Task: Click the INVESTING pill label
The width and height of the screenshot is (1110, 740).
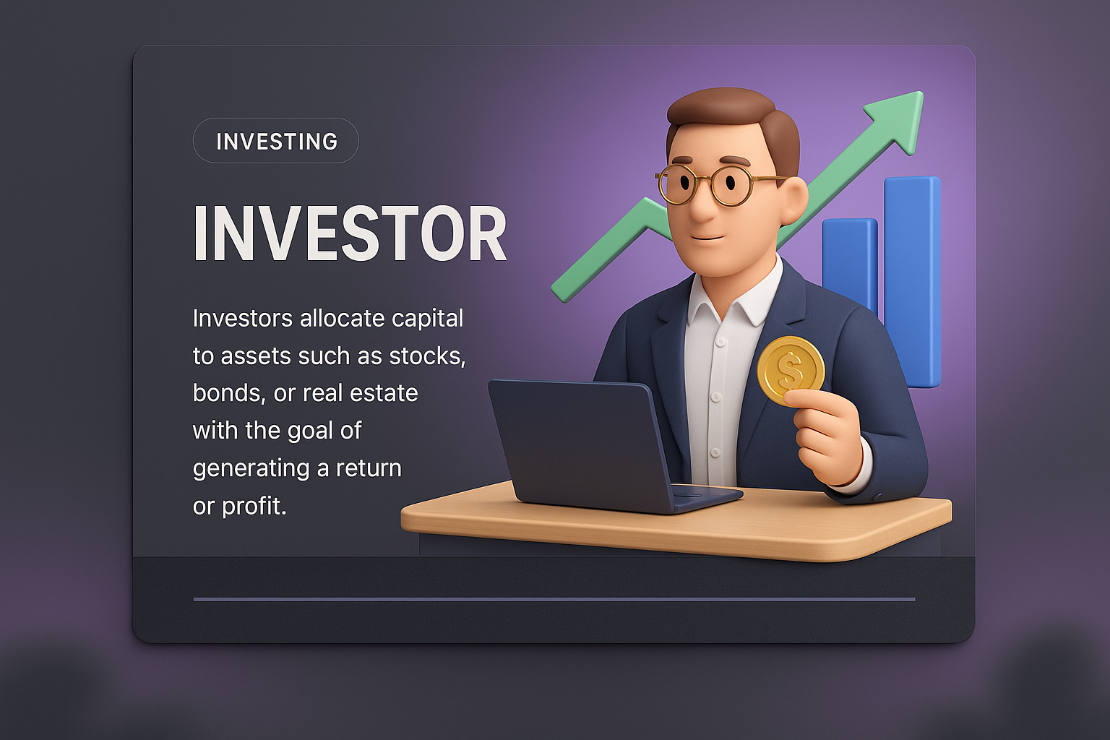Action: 276,141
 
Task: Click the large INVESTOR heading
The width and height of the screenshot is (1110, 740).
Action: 350,233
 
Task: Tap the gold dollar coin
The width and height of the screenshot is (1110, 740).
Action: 791,370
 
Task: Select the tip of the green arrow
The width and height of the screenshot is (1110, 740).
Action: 921,92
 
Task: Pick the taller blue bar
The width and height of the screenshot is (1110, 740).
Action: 912,282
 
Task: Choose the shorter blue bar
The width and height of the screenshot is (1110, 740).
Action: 849,267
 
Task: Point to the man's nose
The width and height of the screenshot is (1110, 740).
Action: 702,206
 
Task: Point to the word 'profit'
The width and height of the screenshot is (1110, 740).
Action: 254,506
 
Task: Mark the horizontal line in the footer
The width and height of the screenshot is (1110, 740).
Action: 554,599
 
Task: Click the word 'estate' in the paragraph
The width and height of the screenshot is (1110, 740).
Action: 384,393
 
